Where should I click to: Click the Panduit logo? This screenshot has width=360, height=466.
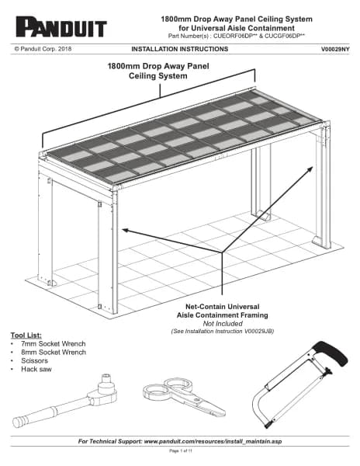pos(61,27)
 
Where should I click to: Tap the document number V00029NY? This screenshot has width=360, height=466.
pos(335,50)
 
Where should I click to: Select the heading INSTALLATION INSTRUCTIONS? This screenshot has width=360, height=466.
pos(179,49)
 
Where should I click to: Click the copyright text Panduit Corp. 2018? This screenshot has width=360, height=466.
pos(43,49)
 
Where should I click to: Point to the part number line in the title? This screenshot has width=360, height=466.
pos(237,36)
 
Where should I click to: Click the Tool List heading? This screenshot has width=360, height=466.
pos(26,336)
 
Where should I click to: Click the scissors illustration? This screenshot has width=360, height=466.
pos(184,397)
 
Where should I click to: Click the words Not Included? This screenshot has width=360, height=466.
pos(223,324)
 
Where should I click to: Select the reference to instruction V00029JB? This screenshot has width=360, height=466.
pos(223,332)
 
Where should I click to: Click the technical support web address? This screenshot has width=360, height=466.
pos(213,441)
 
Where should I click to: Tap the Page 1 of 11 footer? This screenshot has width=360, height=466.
pos(181,450)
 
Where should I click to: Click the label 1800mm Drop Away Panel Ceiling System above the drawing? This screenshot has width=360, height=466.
pos(158,71)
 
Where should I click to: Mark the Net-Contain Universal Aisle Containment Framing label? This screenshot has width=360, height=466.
pos(223,311)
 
